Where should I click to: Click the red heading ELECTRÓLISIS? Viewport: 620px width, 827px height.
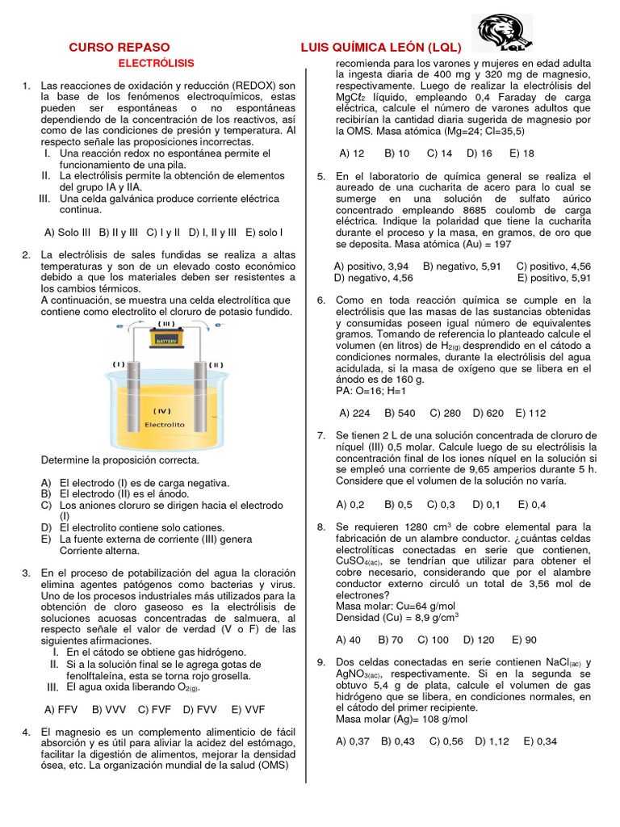point(157,63)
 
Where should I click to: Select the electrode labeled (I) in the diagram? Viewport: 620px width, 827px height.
point(133,388)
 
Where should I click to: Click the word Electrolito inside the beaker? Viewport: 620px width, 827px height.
point(165,424)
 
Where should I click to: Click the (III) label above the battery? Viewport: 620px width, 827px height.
point(166,324)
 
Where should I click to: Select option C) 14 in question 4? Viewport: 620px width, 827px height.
point(439,153)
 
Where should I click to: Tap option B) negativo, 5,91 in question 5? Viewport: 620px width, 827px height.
point(462,266)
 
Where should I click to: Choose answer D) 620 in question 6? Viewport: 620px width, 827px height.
point(488,413)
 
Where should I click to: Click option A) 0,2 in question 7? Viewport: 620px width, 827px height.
point(352,505)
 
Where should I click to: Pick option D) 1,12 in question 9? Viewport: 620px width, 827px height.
point(492,741)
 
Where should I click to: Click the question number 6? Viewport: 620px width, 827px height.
point(320,300)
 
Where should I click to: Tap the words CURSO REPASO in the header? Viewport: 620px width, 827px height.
point(119,48)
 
